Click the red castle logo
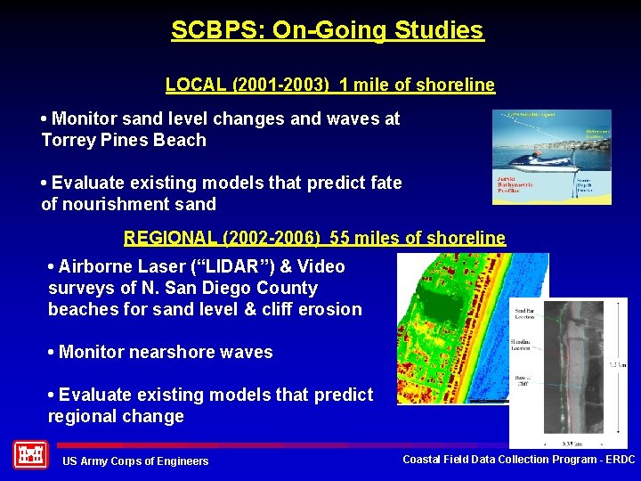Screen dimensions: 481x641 (x=30, y=455)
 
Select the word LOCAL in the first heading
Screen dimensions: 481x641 (x=191, y=86)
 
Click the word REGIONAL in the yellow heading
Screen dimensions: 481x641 (x=161, y=238)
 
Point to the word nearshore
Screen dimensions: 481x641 (x=169, y=352)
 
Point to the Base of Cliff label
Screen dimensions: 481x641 (x=523, y=380)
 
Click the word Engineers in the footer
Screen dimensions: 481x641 (x=182, y=461)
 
